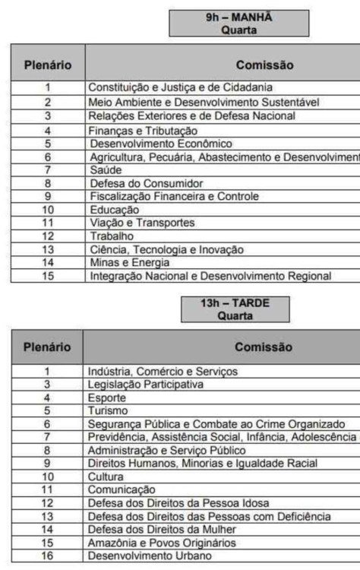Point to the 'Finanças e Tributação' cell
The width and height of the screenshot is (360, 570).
137,130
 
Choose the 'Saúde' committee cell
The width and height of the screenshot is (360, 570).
106,170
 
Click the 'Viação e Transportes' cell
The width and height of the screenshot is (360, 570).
131,223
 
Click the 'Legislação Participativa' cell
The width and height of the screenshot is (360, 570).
146,385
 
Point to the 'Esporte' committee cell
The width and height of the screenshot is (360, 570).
107,397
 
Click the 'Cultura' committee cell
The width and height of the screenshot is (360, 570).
106,477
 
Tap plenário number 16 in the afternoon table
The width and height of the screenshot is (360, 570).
47,556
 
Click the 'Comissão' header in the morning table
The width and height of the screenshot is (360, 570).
264,65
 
